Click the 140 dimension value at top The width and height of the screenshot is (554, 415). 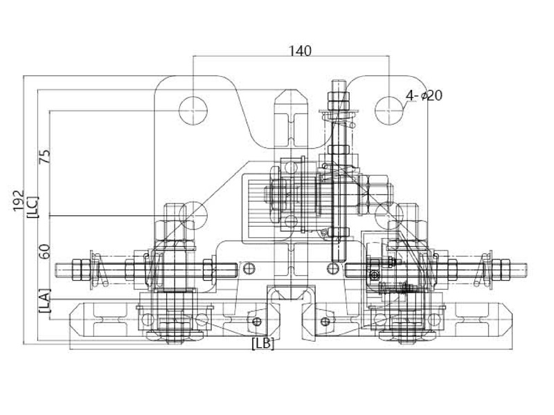(301, 51)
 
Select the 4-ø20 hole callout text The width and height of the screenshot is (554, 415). (424, 95)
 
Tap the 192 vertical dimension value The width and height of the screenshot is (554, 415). (19, 201)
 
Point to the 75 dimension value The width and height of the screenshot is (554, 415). (44, 157)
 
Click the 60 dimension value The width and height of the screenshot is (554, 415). (44, 252)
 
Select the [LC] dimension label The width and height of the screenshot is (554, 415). (33, 207)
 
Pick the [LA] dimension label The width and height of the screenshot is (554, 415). (44, 301)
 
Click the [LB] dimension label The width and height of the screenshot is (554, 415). (263, 344)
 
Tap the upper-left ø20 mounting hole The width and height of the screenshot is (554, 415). (193, 111)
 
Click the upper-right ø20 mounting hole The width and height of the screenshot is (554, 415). (388, 111)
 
